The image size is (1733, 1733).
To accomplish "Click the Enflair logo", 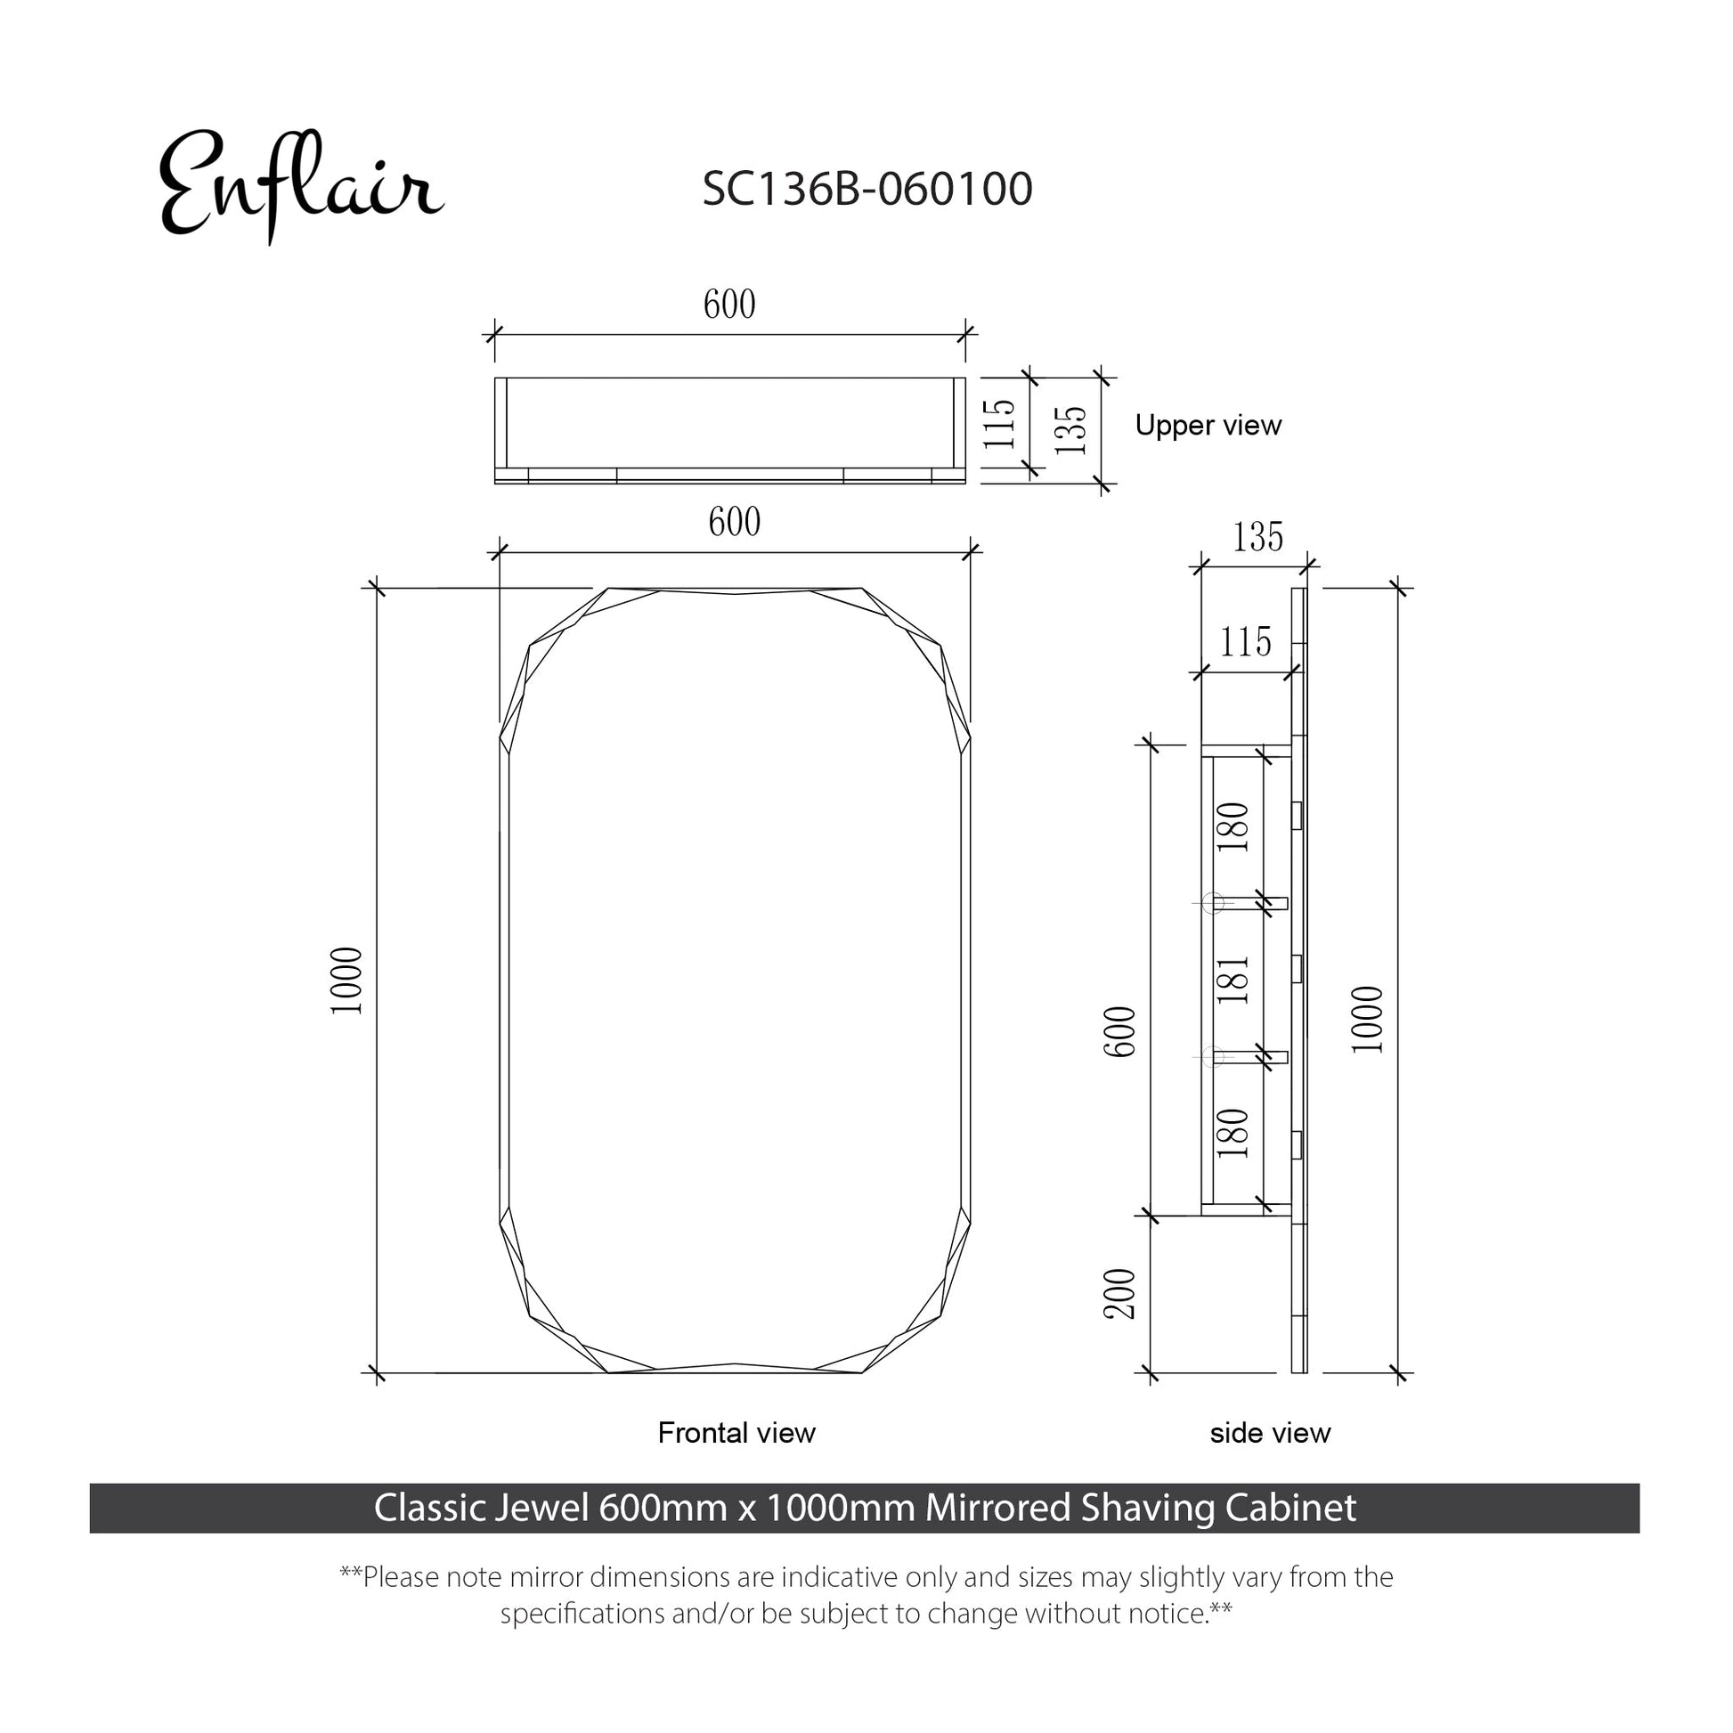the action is (x=300, y=185).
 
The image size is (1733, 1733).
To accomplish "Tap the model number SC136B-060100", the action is (x=867, y=190).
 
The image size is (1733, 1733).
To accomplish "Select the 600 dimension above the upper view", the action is (x=729, y=304).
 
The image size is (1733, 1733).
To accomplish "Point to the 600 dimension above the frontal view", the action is (x=735, y=521).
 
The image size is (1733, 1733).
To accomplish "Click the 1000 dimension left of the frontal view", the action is (x=346, y=980).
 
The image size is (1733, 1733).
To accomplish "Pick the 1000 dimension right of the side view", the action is (x=1367, y=1019).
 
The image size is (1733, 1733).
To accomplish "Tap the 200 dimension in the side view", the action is (x=1119, y=1293).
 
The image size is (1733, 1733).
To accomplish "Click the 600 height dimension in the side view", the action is (x=1119, y=1031).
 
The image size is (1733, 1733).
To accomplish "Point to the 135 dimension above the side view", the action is (x=1257, y=536).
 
